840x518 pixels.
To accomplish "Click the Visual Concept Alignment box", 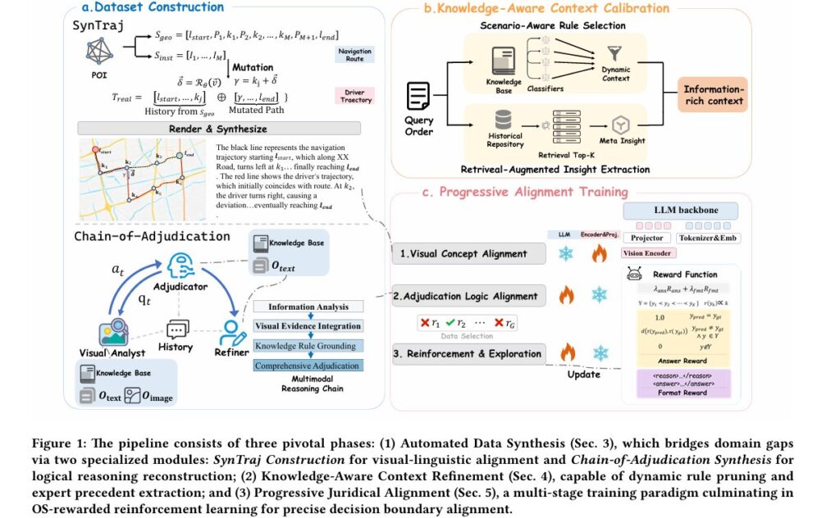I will point(468,254).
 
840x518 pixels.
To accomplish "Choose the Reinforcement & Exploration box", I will point(468,354).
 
